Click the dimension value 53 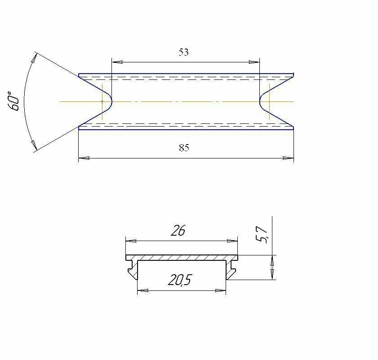coord(183,52)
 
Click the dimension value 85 coord(184,148)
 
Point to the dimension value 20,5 coord(180,280)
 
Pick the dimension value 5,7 coord(262,234)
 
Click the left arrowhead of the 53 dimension coord(116,62)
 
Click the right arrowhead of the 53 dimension coord(256,62)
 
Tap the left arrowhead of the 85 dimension coord(84,158)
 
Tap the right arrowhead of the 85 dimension coord(289,158)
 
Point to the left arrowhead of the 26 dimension coord(130,241)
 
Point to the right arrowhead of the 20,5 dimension coord(221,290)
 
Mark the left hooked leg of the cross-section coord(132,270)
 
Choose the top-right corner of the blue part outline coord(294,74)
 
